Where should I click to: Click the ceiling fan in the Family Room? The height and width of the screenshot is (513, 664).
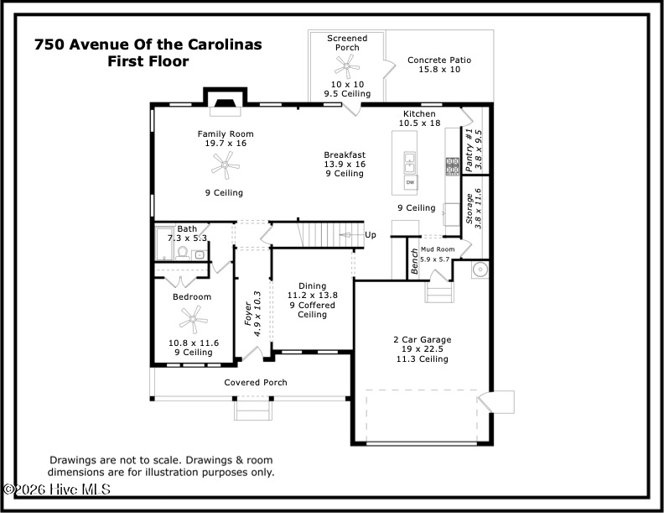(x=225, y=166)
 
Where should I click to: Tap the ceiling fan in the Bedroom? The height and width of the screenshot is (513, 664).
(x=192, y=318)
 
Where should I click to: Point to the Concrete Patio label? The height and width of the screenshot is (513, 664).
(x=439, y=60)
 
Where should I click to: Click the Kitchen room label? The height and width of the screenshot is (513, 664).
(x=419, y=113)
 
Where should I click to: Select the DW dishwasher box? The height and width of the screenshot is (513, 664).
(x=411, y=181)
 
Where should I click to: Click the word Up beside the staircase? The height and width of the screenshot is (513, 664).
(x=371, y=235)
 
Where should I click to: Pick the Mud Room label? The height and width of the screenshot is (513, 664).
(x=437, y=249)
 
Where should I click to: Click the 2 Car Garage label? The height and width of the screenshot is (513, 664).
(x=422, y=339)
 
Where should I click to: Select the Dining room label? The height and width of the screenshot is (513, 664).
(x=312, y=286)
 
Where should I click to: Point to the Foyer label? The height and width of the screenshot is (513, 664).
(x=248, y=314)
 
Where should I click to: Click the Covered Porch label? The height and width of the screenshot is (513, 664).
(x=255, y=383)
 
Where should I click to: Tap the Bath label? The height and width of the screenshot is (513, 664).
(x=187, y=228)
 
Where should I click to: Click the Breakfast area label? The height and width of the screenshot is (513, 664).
(x=345, y=154)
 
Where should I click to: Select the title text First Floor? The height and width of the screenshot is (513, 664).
(x=148, y=61)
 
